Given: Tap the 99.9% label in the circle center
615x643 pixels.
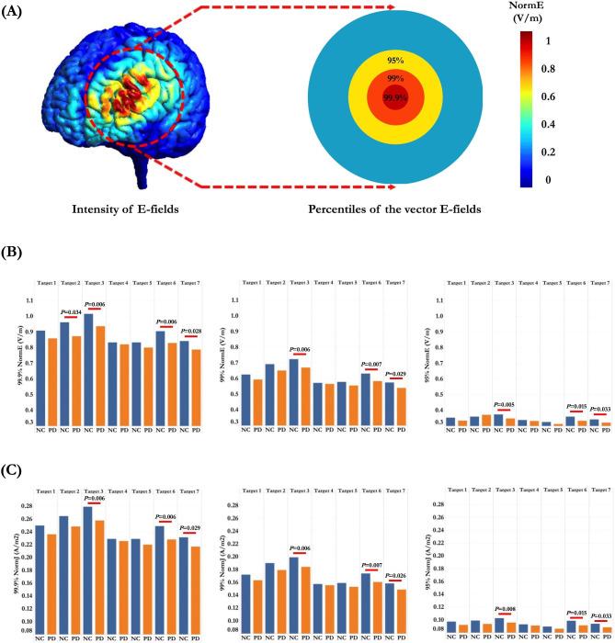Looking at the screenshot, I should pyautogui.click(x=396, y=97).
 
